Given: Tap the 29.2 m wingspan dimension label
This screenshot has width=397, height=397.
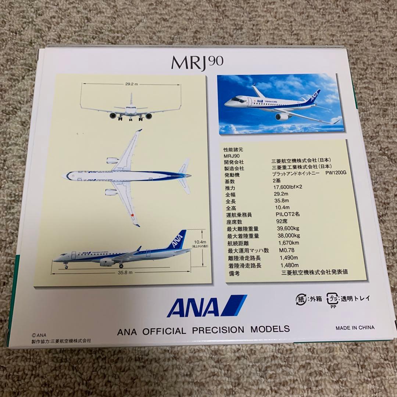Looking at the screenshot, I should (x=130, y=84).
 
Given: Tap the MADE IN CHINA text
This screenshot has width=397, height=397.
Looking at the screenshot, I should (x=355, y=328).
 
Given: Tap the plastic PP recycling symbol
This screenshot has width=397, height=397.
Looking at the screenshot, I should (x=333, y=298).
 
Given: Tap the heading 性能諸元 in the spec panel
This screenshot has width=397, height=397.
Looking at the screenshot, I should (x=234, y=150).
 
